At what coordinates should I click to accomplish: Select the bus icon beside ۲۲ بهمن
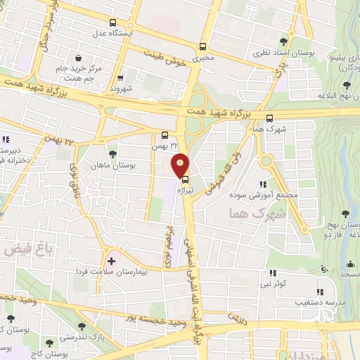pyautogui.click(x=165, y=135)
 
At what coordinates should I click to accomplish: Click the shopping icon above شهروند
pyautogui.click(x=121, y=79)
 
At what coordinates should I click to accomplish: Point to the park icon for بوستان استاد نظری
pyautogui.click(x=283, y=42)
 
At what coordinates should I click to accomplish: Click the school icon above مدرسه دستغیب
pyautogui.click(x=320, y=292)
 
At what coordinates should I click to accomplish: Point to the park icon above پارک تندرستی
pyautogui.click(x=83, y=326)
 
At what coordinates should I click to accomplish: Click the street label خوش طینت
pyautogui.click(x=167, y=56)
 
